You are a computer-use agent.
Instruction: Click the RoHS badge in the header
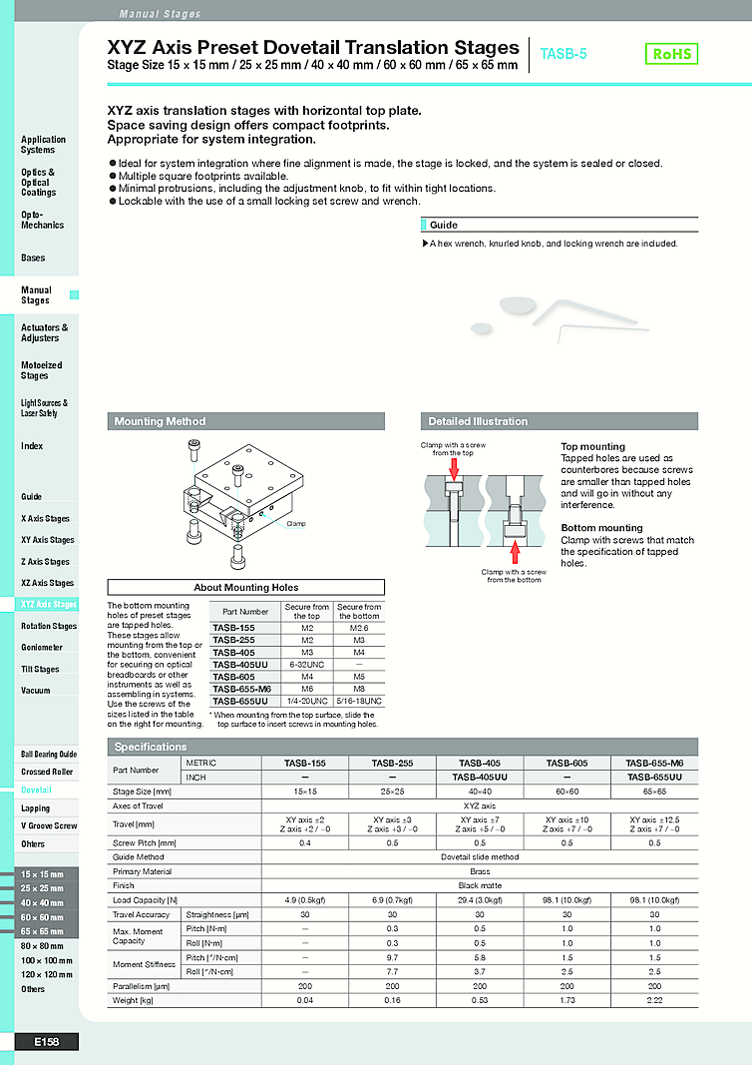[x=671, y=54]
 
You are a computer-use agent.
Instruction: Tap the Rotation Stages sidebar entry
[x=48, y=626]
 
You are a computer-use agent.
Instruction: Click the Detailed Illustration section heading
[x=478, y=421]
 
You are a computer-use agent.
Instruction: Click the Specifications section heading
[x=151, y=747]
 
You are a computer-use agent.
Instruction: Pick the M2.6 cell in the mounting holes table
[x=358, y=627]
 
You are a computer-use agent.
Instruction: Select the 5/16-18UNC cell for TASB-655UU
[x=358, y=701]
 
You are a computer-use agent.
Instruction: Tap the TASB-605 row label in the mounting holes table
[x=233, y=676]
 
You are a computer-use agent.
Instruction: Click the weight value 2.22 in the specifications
[x=654, y=999]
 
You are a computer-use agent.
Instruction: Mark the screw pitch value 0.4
[x=305, y=841]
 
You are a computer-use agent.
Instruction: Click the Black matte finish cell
[x=480, y=885]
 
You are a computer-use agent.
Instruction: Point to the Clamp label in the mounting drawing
[x=296, y=523]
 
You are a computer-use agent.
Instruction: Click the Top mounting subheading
[x=592, y=446]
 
